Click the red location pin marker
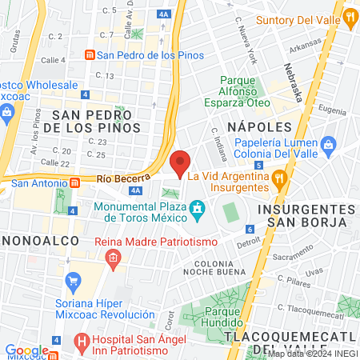[x=180, y=163]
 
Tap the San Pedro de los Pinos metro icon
[x=90, y=55]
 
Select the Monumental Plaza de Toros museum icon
[x=197, y=210]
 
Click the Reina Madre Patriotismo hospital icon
[x=113, y=257]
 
